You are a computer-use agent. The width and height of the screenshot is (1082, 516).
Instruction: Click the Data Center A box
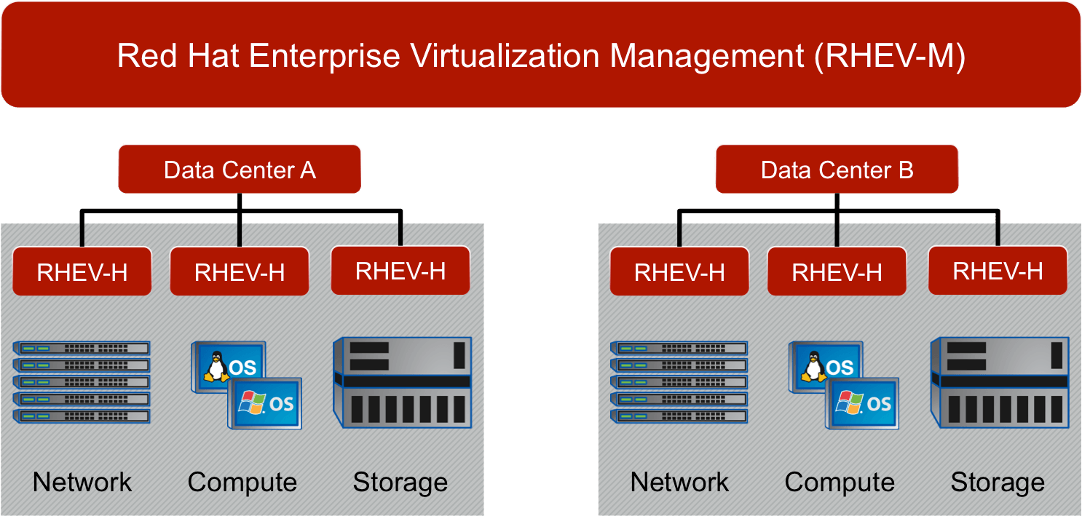click(x=240, y=170)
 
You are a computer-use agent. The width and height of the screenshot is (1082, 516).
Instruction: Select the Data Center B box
click(x=837, y=170)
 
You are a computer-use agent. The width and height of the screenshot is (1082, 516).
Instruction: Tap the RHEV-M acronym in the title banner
click(x=890, y=56)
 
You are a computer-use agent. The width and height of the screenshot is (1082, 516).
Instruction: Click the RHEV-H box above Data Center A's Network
click(x=82, y=271)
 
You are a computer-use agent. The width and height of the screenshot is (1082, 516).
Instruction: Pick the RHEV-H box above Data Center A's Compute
click(x=240, y=271)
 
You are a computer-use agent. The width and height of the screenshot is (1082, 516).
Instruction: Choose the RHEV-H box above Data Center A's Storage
click(x=400, y=270)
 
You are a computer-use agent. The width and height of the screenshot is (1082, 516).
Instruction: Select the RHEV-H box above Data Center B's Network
click(x=679, y=271)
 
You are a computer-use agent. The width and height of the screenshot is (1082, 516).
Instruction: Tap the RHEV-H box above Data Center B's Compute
click(x=837, y=271)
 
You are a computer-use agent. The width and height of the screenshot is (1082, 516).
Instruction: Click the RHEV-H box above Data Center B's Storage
click(x=998, y=270)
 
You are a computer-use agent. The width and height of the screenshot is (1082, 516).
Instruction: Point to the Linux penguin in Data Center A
click(x=216, y=366)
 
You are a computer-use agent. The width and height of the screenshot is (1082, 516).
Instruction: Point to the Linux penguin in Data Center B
click(x=813, y=366)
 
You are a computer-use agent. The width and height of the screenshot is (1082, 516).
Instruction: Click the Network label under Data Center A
click(x=82, y=482)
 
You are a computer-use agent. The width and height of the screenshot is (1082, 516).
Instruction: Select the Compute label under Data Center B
click(x=840, y=483)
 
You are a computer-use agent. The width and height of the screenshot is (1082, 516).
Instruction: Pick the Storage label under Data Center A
click(x=400, y=483)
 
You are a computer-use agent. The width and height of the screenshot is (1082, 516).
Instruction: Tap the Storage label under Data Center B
click(x=998, y=483)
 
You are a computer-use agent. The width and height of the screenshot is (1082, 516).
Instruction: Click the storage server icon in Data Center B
click(x=1000, y=382)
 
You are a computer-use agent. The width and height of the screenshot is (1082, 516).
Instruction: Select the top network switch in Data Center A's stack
click(x=81, y=348)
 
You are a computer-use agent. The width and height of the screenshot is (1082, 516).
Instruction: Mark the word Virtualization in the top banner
click(x=505, y=56)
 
